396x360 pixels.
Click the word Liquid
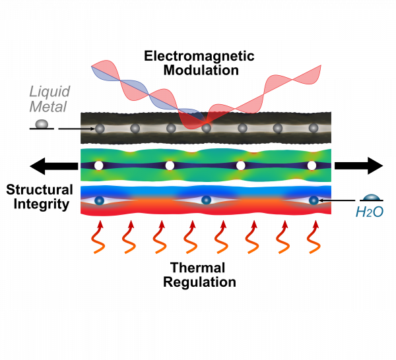click(x=50, y=92)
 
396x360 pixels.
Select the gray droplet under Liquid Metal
click(x=42, y=123)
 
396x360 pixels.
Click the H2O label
click(x=370, y=212)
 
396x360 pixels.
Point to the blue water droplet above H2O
click(x=372, y=197)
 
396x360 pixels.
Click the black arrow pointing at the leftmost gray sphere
click(x=87, y=129)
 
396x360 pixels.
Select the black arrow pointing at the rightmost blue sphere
click(x=325, y=200)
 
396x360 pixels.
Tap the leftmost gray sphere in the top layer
click(x=100, y=129)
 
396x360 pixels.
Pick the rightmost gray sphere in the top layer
click(x=313, y=128)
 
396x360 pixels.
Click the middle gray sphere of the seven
click(x=207, y=128)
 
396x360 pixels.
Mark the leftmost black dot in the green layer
click(x=99, y=165)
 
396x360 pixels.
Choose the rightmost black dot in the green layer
click(x=312, y=165)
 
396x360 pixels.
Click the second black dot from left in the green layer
click(x=170, y=165)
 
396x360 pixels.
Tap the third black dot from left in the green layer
click(x=240, y=165)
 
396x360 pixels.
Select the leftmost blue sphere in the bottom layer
click(x=99, y=200)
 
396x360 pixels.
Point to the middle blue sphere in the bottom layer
click(x=206, y=200)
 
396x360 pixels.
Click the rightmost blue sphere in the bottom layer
click(x=313, y=200)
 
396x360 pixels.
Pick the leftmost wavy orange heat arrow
click(x=98, y=238)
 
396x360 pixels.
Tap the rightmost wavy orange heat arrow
click(x=313, y=238)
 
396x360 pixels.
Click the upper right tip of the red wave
click(x=320, y=67)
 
